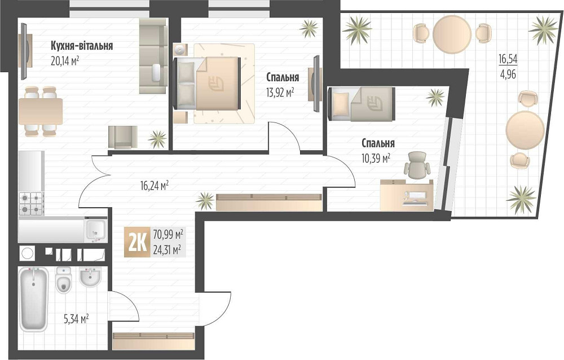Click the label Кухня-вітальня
pos(81,46)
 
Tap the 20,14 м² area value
pos(64,60)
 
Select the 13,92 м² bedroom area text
pos(280,91)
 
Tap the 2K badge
pos(137,243)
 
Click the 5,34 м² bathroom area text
pos(76,319)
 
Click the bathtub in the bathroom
pos(34,299)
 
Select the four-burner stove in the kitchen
pos(31,203)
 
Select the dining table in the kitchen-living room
pos(41,111)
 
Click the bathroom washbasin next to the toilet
pos(90,277)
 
